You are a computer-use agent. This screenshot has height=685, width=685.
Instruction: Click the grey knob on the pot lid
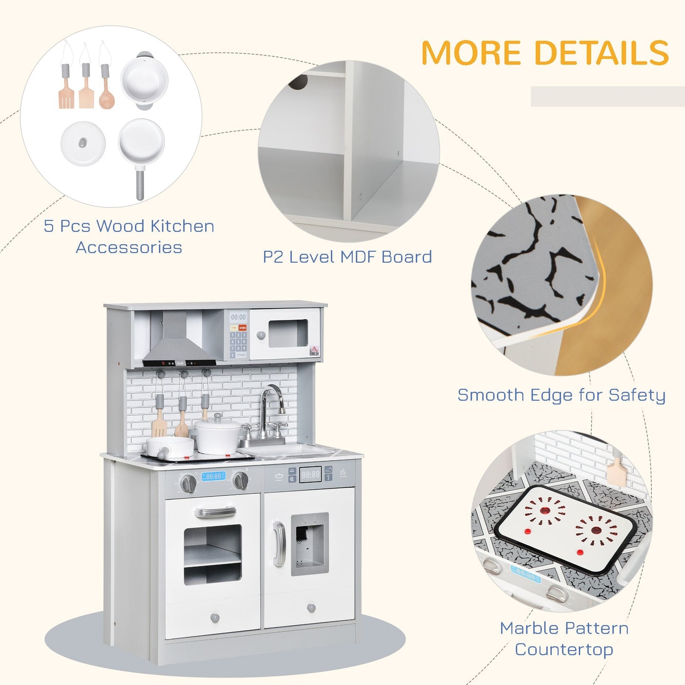[x=83, y=142]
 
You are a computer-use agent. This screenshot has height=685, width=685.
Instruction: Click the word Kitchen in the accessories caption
[x=182, y=226]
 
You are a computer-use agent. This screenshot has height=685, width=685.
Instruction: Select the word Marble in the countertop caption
[x=530, y=628]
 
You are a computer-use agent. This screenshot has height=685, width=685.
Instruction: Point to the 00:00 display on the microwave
[x=238, y=317]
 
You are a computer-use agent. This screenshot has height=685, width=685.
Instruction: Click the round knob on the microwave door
[x=260, y=335]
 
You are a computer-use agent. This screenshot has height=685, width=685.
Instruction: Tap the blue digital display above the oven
[x=213, y=476]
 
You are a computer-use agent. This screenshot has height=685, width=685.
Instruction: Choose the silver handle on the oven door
[x=215, y=512]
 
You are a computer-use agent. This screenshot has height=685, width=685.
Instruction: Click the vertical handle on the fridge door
[x=279, y=543]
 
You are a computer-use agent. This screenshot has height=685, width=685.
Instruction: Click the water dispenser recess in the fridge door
[x=309, y=543]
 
